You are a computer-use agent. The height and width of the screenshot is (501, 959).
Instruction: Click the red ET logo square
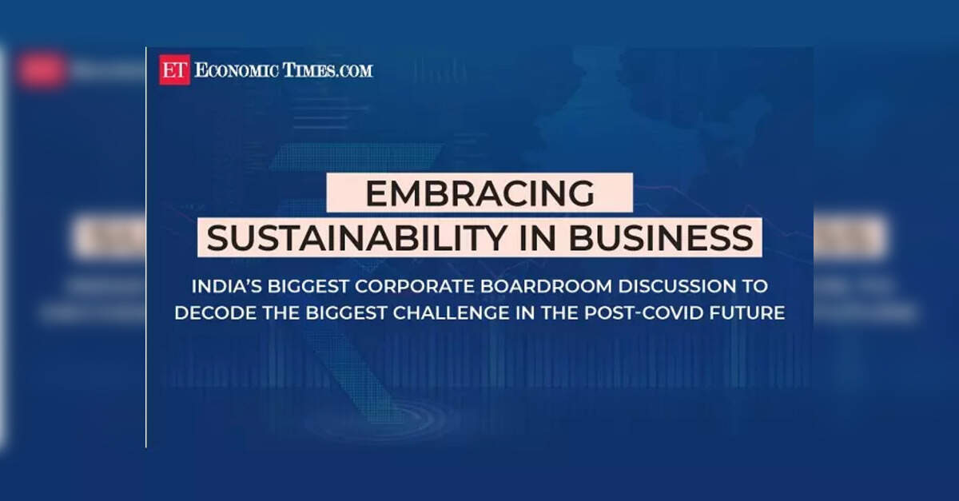pos(175,70)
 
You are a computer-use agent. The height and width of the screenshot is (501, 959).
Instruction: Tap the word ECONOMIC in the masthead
pos(237,70)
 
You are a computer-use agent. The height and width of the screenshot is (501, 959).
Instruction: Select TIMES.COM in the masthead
pos(328,70)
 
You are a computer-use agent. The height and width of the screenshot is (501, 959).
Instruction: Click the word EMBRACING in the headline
pos(480,193)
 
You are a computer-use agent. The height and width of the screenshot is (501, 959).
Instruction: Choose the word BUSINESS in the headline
pos(661,238)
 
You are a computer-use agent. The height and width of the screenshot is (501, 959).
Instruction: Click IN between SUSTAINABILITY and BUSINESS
pos(538,238)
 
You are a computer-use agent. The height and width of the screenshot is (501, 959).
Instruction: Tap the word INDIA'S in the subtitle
pos(226,287)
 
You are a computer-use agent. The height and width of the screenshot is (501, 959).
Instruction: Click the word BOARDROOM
pos(546,287)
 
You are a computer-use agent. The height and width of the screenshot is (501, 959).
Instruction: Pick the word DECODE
pos(215,313)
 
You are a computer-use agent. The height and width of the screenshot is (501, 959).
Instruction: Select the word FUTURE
pos(747,313)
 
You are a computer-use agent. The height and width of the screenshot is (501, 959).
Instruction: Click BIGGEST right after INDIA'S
pos(308,287)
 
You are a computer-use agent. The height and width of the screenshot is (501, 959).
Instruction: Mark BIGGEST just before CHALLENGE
pos(346,313)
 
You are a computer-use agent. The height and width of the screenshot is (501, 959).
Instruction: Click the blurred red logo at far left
pos(42,70)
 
